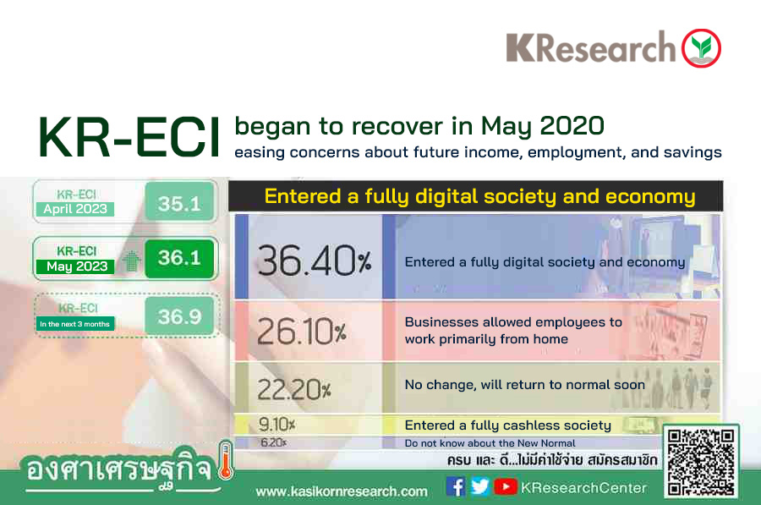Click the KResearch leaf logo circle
(701, 48)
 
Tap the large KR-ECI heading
(129, 137)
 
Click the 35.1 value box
(179, 201)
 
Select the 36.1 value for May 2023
(179, 258)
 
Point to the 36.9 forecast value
(179, 316)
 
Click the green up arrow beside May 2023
(130, 261)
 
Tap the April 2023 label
(75, 209)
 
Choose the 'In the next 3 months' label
(74, 324)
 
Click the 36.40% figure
(314, 261)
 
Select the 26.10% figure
(301, 332)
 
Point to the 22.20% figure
(293, 389)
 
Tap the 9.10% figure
(276, 425)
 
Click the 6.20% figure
(274, 442)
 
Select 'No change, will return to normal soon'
(524, 385)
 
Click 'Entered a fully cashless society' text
(507, 425)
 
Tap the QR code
(701, 462)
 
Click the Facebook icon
(456, 486)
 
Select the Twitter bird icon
(480, 486)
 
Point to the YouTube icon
(506, 486)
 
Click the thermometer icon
(225, 460)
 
